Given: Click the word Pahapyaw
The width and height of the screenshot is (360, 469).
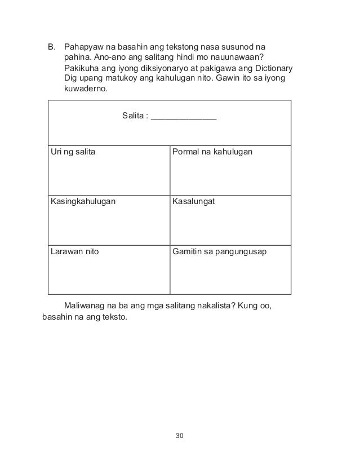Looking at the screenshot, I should click(x=85, y=46).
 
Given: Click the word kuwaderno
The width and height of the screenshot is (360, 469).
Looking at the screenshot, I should click(x=85, y=90).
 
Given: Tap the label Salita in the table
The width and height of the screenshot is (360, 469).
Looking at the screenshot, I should click(x=134, y=117).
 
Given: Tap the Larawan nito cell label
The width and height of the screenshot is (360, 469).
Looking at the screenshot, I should click(x=75, y=251).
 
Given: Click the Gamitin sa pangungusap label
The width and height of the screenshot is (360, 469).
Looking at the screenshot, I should click(x=221, y=251).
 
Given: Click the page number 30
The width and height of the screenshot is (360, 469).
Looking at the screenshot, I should click(x=180, y=436).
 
